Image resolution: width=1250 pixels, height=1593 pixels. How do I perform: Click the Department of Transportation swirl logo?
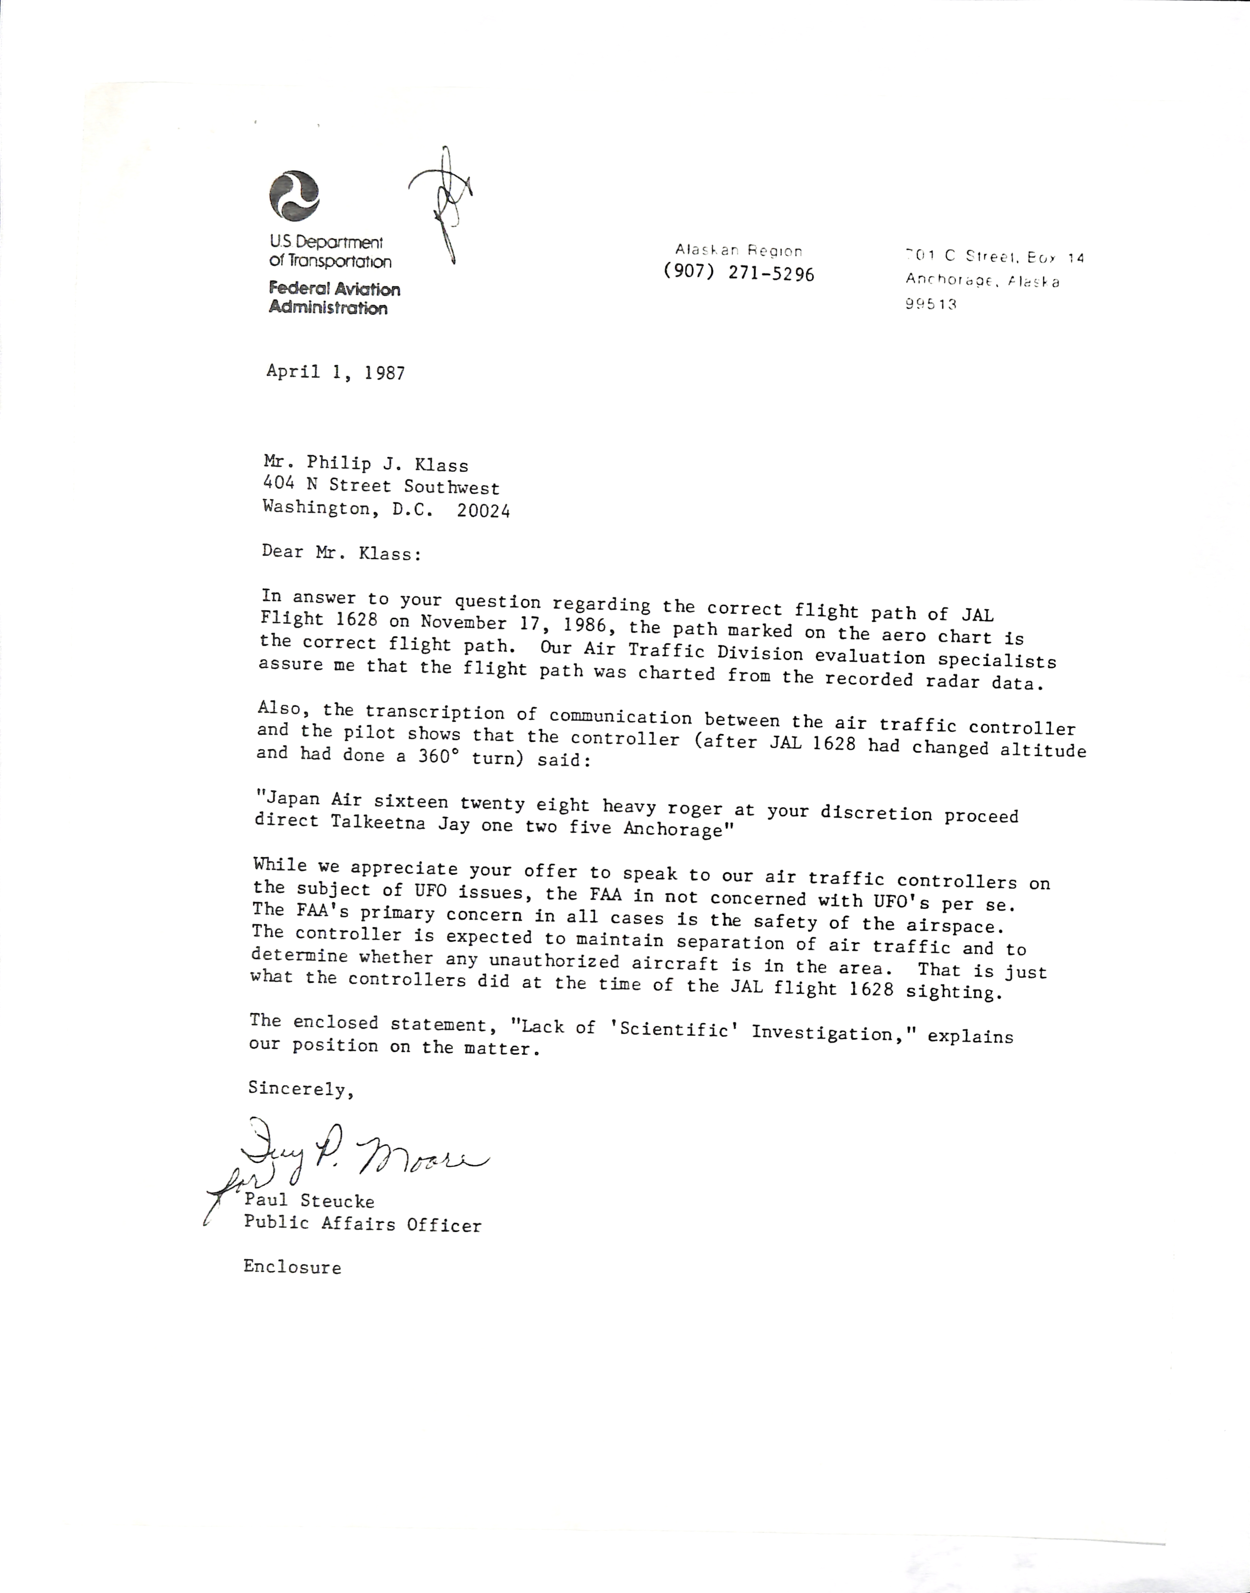[x=294, y=195]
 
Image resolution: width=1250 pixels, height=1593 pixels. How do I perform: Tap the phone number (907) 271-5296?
[x=739, y=273]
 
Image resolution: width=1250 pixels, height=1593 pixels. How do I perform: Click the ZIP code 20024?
[x=483, y=510]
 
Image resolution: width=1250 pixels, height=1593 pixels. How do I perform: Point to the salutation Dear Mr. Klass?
[x=342, y=552]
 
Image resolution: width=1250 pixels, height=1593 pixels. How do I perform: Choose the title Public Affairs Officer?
[x=362, y=1224]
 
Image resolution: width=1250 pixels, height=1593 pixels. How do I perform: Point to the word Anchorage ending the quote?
[x=673, y=829]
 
